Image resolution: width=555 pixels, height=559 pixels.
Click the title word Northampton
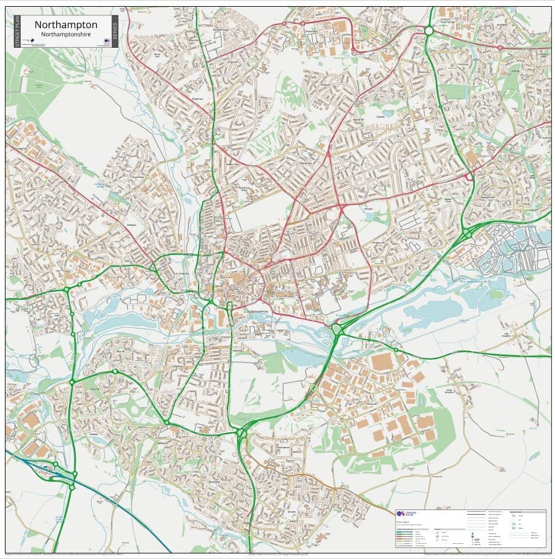click(x=65, y=24)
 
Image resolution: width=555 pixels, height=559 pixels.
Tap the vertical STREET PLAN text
click(x=17, y=32)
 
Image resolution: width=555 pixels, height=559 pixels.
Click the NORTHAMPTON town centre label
click(x=257, y=311)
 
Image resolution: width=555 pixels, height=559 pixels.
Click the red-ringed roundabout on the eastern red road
click(x=469, y=177)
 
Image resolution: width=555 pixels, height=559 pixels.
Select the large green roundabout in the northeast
click(x=428, y=30)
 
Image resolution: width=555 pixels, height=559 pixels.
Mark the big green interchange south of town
click(x=241, y=434)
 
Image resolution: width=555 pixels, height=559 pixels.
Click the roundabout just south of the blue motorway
click(x=72, y=487)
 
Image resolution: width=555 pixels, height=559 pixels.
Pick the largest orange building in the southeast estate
click(x=382, y=361)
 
